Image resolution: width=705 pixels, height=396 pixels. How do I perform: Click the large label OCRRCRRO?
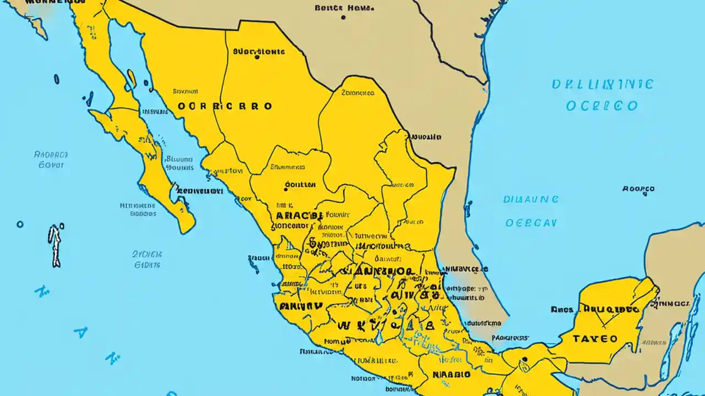225,106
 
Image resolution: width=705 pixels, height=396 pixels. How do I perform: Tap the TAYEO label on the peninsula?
595,339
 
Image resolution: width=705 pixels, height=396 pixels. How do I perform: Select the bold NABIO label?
451,375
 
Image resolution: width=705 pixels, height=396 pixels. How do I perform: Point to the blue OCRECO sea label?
602,106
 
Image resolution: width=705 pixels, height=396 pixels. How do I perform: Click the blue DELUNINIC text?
602,85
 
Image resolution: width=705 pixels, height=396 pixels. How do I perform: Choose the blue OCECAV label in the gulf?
531,223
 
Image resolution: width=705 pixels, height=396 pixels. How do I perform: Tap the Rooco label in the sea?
638,189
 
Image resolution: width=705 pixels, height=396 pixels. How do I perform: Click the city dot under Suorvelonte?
257,56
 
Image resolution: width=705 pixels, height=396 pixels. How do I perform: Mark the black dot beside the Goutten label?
285,189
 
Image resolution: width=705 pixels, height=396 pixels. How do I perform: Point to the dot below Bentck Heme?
343,18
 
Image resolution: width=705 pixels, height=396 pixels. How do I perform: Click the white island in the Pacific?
55,245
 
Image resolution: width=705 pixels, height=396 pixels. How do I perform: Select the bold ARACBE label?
297,216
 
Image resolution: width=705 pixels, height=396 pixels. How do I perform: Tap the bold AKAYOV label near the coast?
300,306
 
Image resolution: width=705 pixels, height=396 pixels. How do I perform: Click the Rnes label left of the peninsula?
561,310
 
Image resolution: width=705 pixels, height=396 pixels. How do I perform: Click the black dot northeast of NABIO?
525,361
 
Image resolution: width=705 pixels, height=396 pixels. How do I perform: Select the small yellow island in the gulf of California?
131,78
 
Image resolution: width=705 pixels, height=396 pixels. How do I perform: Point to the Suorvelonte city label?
259,52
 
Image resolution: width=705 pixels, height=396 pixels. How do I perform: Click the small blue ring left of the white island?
20,224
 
